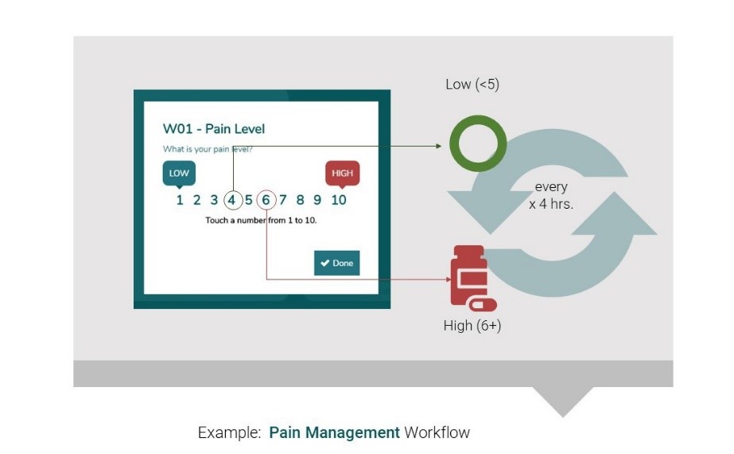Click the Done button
(336, 263)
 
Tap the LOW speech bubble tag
(179, 174)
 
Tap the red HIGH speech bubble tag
(343, 173)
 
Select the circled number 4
(232, 200)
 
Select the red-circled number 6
(266, 200)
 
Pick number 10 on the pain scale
(339, 200)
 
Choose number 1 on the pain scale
(180, 200)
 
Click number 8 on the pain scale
(300, 200)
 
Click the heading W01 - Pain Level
(214, 129)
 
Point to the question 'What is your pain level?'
(208, 149)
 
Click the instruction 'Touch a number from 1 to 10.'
(261, 220)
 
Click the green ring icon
(478, 144)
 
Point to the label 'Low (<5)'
(472, 84)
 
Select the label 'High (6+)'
(472, 326)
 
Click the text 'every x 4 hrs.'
(551, 195)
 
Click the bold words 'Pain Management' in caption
(334, 433)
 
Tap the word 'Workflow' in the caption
(437, 433)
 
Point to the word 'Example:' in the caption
(229, 433)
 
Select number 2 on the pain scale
(196, 200)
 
